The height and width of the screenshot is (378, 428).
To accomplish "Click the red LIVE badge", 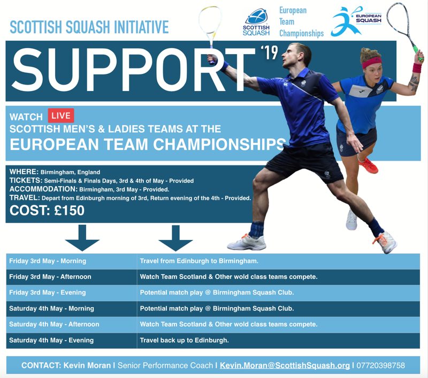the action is (61, 116).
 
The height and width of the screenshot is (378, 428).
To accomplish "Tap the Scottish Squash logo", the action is (256, 22).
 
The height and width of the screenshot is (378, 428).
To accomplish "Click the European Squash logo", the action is (356, 21).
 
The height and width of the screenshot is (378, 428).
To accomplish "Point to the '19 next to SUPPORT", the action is (270, 52).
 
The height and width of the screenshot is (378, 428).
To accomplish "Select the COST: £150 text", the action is (47, 210).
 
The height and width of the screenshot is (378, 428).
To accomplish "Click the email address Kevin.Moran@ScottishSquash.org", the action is (285, 366).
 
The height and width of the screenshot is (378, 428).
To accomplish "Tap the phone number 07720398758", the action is (380, 366).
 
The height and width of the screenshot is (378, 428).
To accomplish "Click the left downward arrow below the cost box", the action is (82, 238).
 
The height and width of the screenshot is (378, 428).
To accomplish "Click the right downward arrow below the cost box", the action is (175, 238).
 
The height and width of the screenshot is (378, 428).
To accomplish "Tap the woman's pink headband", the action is (372, 63).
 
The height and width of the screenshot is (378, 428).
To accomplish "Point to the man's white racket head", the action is (210, 20).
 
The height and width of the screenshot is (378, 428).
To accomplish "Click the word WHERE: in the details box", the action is (24, 172).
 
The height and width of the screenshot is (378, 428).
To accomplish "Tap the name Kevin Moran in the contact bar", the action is (87, 366).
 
